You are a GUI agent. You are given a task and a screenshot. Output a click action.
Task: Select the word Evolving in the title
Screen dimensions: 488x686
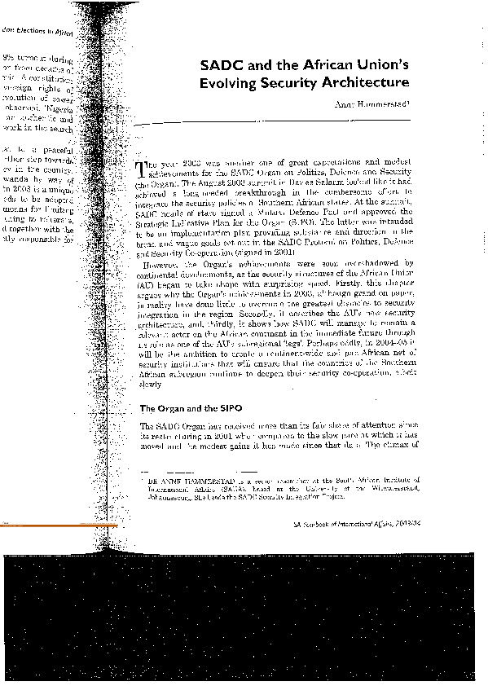click(x=233, y=83)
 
